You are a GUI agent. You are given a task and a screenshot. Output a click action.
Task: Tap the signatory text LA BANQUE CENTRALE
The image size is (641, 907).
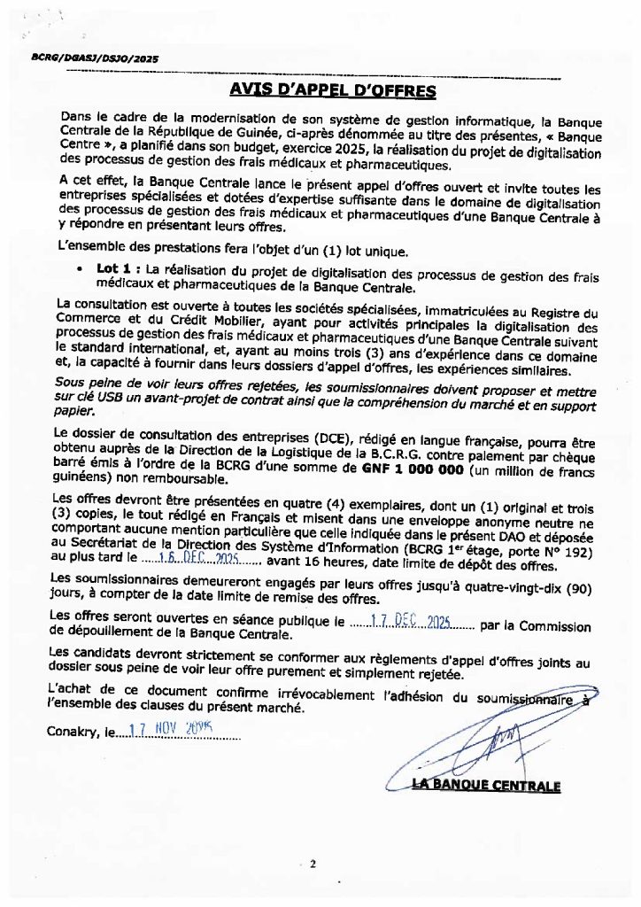click(x=486, y=785)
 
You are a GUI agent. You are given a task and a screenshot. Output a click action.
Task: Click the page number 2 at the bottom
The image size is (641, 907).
click(x=313, y=864)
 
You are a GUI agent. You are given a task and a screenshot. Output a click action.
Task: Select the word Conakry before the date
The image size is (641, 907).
click(x=72, y=733)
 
